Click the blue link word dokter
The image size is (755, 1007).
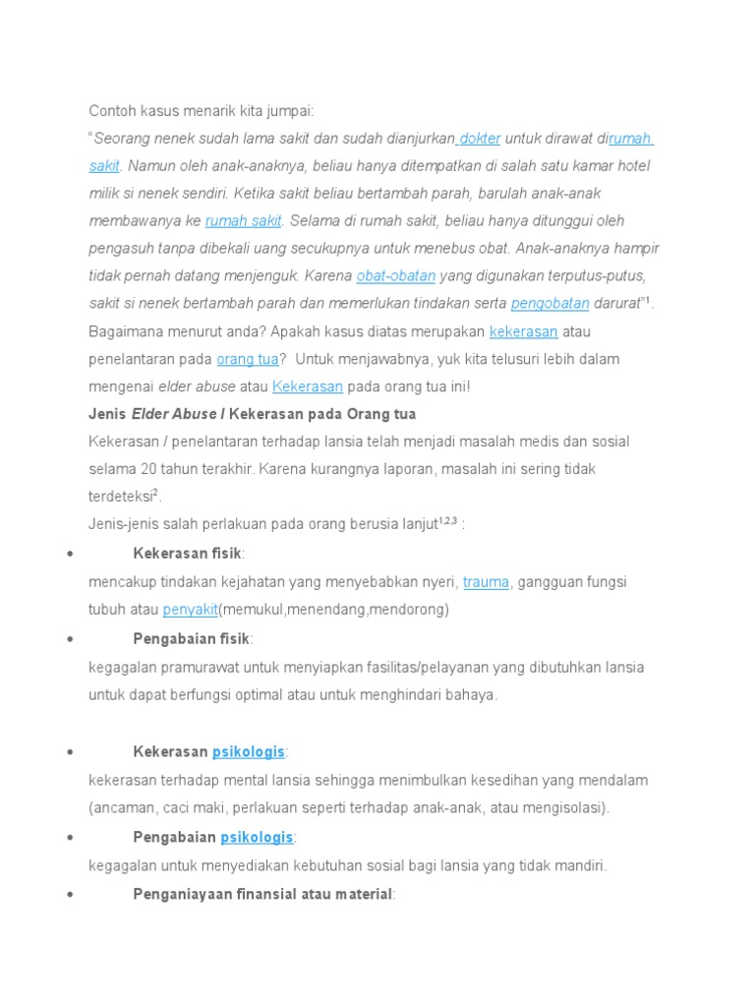pos(480,139)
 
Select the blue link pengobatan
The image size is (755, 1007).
pos(550,303)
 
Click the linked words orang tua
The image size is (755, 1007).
pos(247,359)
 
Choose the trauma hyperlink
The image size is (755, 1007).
pos(486,582)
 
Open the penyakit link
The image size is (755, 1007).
pos(190,610)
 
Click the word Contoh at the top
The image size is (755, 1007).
pos(113,111)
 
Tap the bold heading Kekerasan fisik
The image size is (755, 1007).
pos(187,554)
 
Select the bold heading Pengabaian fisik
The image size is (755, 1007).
pos(191,639)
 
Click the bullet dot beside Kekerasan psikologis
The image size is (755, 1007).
pos(70,752)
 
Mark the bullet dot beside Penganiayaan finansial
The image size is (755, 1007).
pos(70,895)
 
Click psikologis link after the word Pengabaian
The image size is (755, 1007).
pos(257,838)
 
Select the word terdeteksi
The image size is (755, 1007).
pos(120,498)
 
